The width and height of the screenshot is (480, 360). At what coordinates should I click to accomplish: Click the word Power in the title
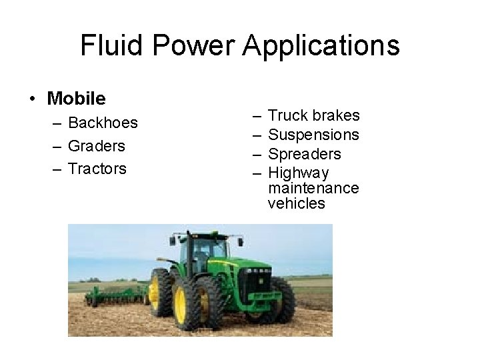[191, 46]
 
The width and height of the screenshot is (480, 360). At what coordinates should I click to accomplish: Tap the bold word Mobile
[76, 99]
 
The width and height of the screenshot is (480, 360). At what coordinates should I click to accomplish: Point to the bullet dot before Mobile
[33, 99]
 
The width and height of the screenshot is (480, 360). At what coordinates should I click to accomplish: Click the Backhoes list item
[103, 123]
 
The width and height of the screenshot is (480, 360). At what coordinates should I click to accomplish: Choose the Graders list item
[97, 146]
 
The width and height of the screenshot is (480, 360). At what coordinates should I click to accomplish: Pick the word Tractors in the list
[97, 169]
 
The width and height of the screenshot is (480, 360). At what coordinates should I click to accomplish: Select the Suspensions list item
[313, 135]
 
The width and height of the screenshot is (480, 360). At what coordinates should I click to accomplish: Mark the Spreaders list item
[304, 154]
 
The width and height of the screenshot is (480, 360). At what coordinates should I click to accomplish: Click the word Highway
[298, 173]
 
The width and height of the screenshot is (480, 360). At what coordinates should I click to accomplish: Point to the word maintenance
[313, 189]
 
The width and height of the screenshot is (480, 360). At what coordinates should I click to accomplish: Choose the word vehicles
[296, 204]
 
